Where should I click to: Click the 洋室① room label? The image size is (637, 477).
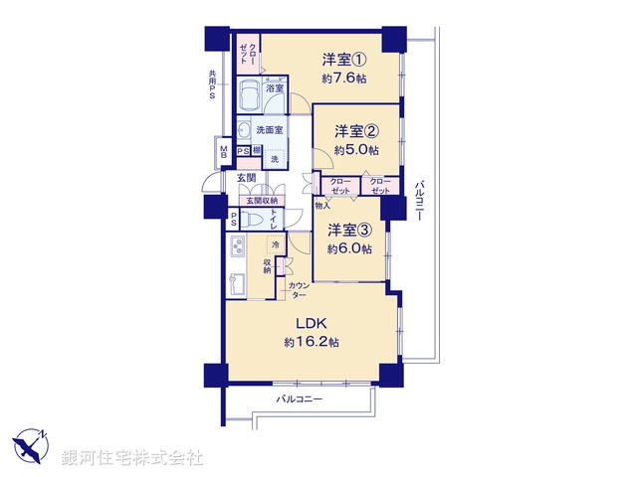[343, 57]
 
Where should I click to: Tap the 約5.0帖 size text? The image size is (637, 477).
[356, 150]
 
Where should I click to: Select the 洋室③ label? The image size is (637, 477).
[349, 230]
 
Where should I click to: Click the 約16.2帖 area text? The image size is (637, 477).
[312, 341]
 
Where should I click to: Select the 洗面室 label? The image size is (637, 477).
[269, 130]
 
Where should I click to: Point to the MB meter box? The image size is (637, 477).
[223, 154]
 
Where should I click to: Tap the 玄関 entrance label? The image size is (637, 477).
[246, 177]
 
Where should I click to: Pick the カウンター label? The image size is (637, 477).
[298, 291]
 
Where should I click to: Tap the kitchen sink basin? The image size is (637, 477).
[238, 281]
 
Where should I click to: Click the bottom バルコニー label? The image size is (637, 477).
[302, 398]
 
